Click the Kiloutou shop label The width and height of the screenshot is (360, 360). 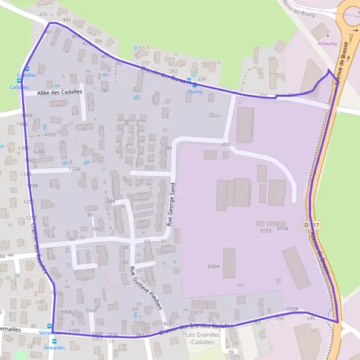(326, 43)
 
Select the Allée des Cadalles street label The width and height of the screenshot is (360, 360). (59, 92)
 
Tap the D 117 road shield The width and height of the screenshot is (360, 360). (309, 224)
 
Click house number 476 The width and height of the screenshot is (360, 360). (43, 14)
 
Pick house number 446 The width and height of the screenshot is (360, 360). (67, 20)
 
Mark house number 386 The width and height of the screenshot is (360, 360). (98, 41)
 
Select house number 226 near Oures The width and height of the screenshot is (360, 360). (202, 79)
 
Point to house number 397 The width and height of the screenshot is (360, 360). (104, 91)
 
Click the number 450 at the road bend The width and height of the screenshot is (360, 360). (226, 145)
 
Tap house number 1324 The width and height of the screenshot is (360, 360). (74, 170)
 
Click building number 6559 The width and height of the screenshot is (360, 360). (266, 230)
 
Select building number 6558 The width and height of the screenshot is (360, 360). (283, 228)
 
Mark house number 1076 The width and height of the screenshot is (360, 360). (57, 293)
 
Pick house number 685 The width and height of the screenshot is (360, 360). (311, 318)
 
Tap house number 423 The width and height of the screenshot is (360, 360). (167, 324)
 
